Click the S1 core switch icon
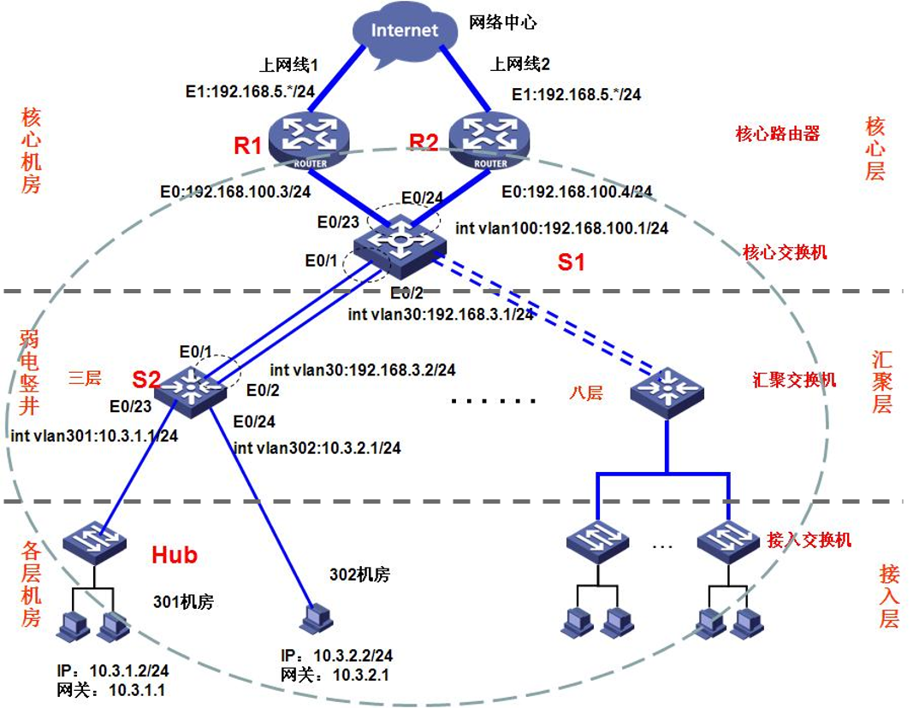click(400, 243)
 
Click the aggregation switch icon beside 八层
click(667, 391)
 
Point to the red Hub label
click(175, 555)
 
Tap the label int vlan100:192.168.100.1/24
click(562, 228)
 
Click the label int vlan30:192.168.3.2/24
click(362, 370)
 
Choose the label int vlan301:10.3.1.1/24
click(94, 435)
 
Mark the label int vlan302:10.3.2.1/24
click(317, 447)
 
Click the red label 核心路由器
click(777, 133)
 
